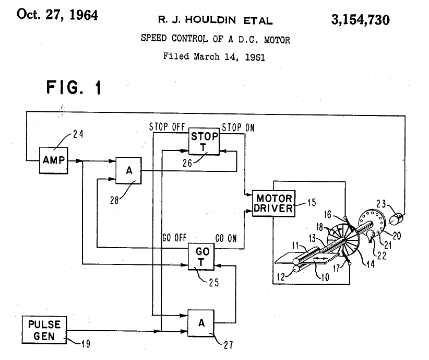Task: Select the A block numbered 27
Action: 201,323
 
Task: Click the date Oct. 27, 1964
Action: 57,15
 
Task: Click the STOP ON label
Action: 238,127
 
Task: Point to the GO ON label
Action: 225,239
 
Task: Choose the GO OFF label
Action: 175,239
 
